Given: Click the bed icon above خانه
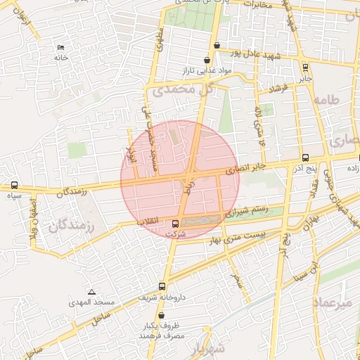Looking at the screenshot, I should click(60, 47).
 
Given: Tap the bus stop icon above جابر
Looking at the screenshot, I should click(304, 67).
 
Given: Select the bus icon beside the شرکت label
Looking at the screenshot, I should click(175, 224).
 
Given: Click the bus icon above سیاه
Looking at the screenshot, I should click(15, 186).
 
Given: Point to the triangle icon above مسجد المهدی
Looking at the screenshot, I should click(91, 291).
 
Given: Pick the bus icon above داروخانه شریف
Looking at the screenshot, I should click(163, 286).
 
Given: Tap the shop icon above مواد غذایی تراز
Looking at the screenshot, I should click(206, 61).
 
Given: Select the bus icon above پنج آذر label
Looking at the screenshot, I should click(304, 158).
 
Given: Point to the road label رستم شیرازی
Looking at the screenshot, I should click(246, 210).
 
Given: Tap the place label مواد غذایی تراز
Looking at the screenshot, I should click(205, 72).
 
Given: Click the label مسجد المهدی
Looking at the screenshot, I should click(91, 302).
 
